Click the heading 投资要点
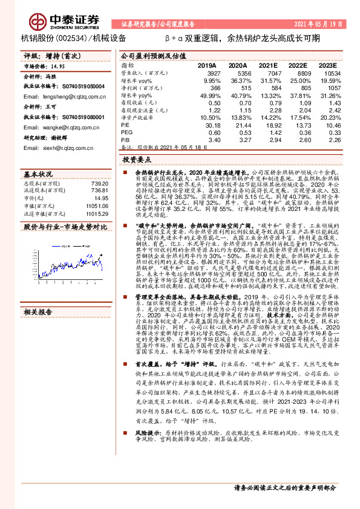pyautogui.click(x=137, y=160)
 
